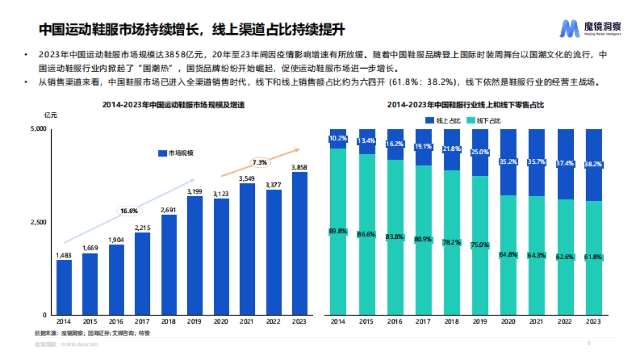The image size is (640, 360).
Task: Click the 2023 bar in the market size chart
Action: [299, 243]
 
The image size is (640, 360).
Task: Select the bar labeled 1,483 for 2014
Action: [64, 287]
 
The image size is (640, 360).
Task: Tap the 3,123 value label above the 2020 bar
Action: [221, 193]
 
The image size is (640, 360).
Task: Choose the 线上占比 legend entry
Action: [442, 121]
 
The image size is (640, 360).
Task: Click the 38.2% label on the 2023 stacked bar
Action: [593, 165]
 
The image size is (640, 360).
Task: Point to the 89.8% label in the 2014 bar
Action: [338, 231]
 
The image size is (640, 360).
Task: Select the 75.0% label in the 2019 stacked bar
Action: [479, 245]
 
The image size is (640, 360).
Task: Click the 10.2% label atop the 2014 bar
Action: [338, 139]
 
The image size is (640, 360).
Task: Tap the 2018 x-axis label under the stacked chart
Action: [451, 322]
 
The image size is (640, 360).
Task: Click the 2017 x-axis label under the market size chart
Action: [142, 322]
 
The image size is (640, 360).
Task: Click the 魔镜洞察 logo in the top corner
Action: [590, 28]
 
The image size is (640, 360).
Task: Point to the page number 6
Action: [589, 342]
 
